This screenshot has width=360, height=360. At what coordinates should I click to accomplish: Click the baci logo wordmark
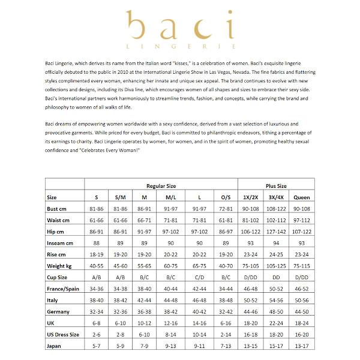(x=180, y=27)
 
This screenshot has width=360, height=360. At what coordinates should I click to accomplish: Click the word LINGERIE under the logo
(x=180, y=46)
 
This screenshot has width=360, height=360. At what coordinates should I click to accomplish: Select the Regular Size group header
(x=161, y=186)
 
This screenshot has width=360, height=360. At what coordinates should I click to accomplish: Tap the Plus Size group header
(x=276, y=186)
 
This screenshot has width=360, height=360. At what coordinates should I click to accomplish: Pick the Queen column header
(x=302, y=197)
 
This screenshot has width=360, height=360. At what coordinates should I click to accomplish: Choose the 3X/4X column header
(x=276, y=197)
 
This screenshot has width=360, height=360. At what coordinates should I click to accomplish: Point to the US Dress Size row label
(x=63, y=334)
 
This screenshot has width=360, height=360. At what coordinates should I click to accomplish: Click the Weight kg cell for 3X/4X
(x=276, y=266)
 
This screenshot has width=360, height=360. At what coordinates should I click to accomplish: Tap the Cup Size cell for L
(x=199, y=277)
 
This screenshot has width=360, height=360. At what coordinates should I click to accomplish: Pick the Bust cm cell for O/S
(x=226, y=208)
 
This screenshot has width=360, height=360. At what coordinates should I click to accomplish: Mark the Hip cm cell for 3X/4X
(x=276, y=231)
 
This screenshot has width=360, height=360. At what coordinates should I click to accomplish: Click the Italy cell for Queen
(x=302, y=300)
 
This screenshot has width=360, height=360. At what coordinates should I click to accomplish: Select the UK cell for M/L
(x=170, y=323)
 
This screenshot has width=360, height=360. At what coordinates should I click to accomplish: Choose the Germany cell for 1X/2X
(x=251, y=311)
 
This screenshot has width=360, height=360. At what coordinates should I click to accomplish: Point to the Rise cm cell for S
(x=96, y=254)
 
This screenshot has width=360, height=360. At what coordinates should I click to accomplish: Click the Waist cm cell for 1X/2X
(x=251, y=220)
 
